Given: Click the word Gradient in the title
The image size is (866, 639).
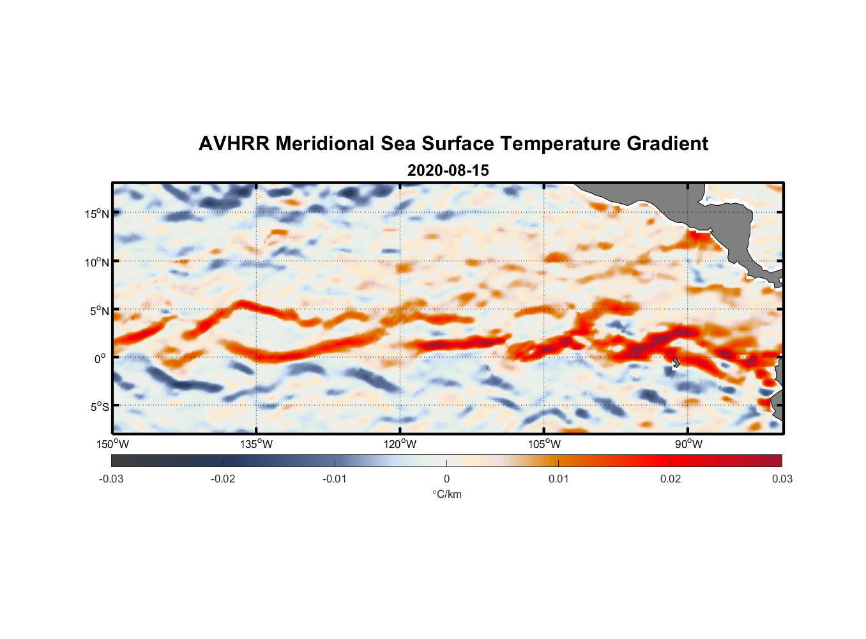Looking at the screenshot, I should tap(667, 144).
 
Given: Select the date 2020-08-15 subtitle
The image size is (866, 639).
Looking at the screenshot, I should tap(448, 171).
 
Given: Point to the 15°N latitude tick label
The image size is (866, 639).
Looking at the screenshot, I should tap(96, 213).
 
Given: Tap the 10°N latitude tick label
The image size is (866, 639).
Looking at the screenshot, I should tap(96, 262).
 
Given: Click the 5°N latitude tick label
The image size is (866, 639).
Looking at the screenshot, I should tap(99, 311).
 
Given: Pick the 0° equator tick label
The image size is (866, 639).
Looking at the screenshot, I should tap(100, 358).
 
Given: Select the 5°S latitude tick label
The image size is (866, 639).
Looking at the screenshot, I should tap(99, 407).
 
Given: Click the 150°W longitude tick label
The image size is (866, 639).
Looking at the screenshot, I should tap(113, 444).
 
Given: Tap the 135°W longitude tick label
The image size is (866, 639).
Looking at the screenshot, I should tap(257, 444).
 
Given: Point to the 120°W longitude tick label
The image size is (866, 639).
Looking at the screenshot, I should tap(400, 444).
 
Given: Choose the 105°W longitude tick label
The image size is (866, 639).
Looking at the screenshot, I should tap(544, 444).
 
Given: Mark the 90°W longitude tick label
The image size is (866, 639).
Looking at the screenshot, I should tap(688, 444).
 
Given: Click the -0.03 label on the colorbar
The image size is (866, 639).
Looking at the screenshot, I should tap(111, 479).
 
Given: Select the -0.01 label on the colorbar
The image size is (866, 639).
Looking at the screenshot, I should tap(335, 479).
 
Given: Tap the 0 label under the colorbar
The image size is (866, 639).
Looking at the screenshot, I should tap(446, 479).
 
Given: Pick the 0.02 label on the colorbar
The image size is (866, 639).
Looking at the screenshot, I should tap(671, 479).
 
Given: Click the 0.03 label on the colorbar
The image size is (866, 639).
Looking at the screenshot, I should tap(782, 479).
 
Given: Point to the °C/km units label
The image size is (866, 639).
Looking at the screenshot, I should tap(446, 494).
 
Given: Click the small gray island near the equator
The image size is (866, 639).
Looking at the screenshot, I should tap(676, 362).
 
